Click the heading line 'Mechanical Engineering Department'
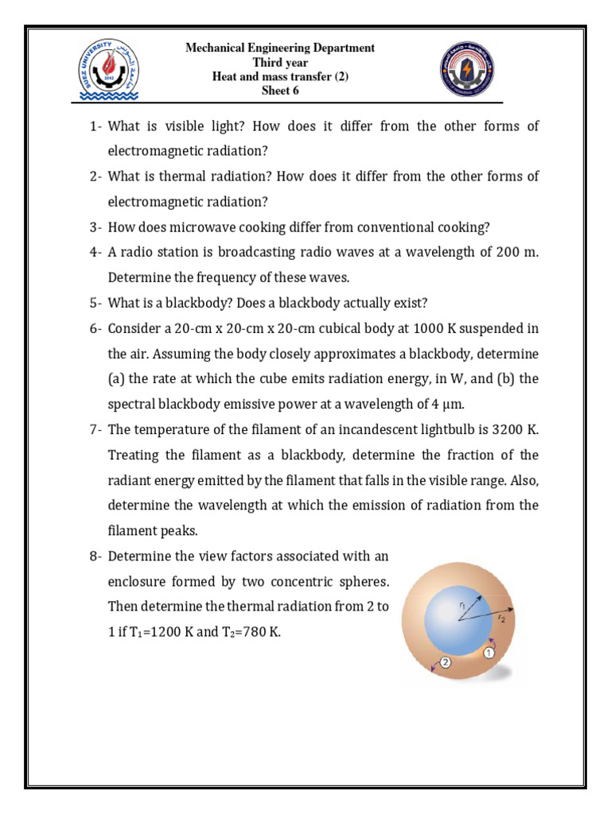[280, 48]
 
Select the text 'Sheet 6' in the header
[280, 91]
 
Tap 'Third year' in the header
[280, 62]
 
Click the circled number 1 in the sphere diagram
[489, 652]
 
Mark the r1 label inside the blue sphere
[464, 607]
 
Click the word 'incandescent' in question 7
[385, 429]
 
